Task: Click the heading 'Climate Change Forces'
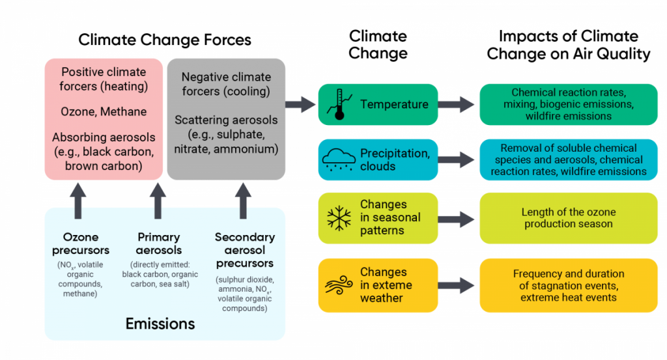[165, 40]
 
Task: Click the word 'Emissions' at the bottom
[160, 323]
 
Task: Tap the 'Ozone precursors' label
[85, 243]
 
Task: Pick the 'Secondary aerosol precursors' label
[244, 250]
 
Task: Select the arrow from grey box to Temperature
[300, 104]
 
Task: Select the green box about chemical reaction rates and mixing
[568, 104]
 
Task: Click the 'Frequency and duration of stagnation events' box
[568, 285]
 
